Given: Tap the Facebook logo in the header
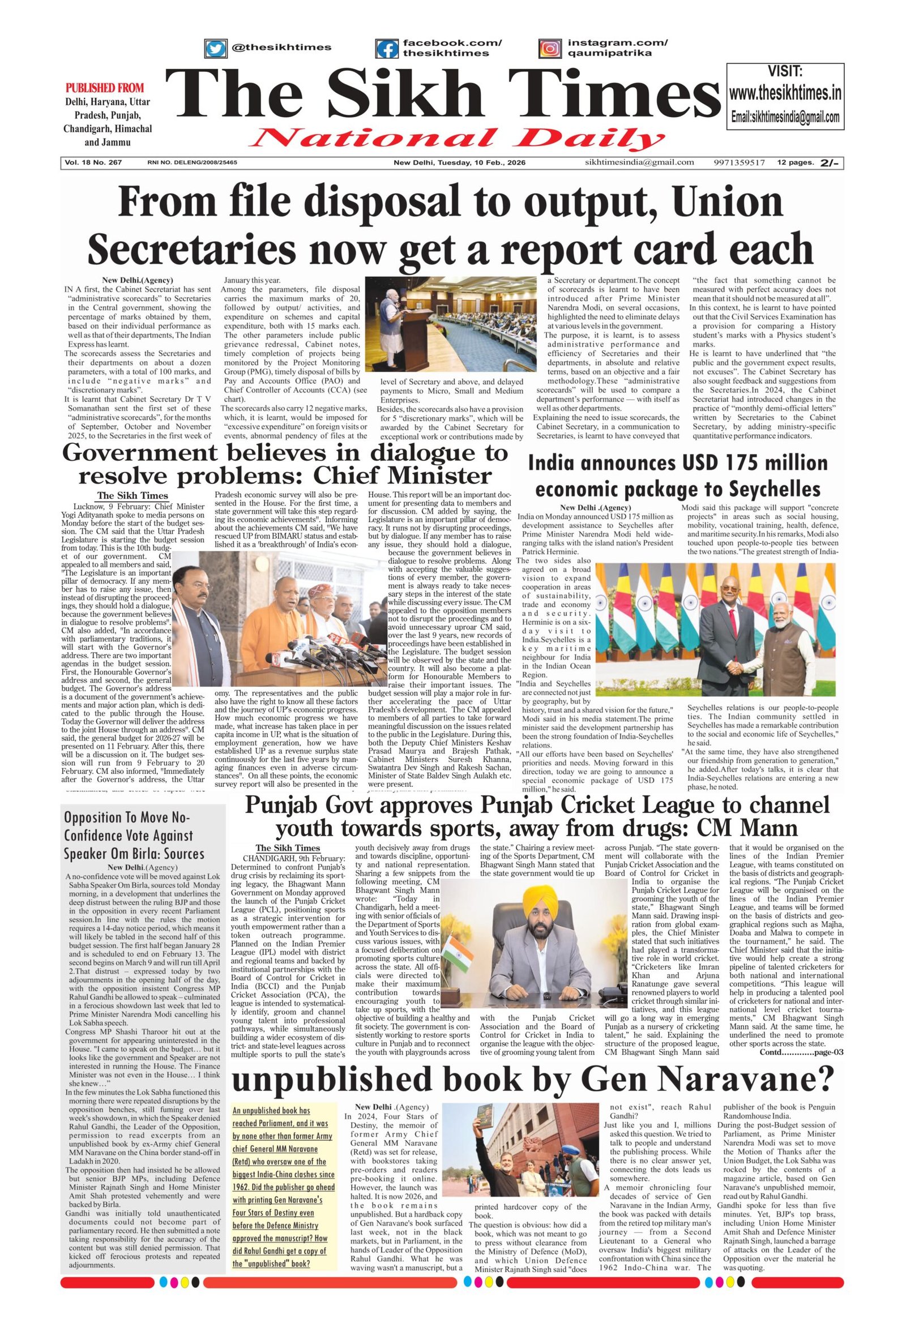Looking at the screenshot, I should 387,48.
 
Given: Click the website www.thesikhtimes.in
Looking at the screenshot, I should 785,93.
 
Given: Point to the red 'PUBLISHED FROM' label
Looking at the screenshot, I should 105,88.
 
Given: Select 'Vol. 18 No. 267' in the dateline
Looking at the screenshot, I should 93,162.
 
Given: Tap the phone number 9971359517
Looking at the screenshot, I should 739,162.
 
